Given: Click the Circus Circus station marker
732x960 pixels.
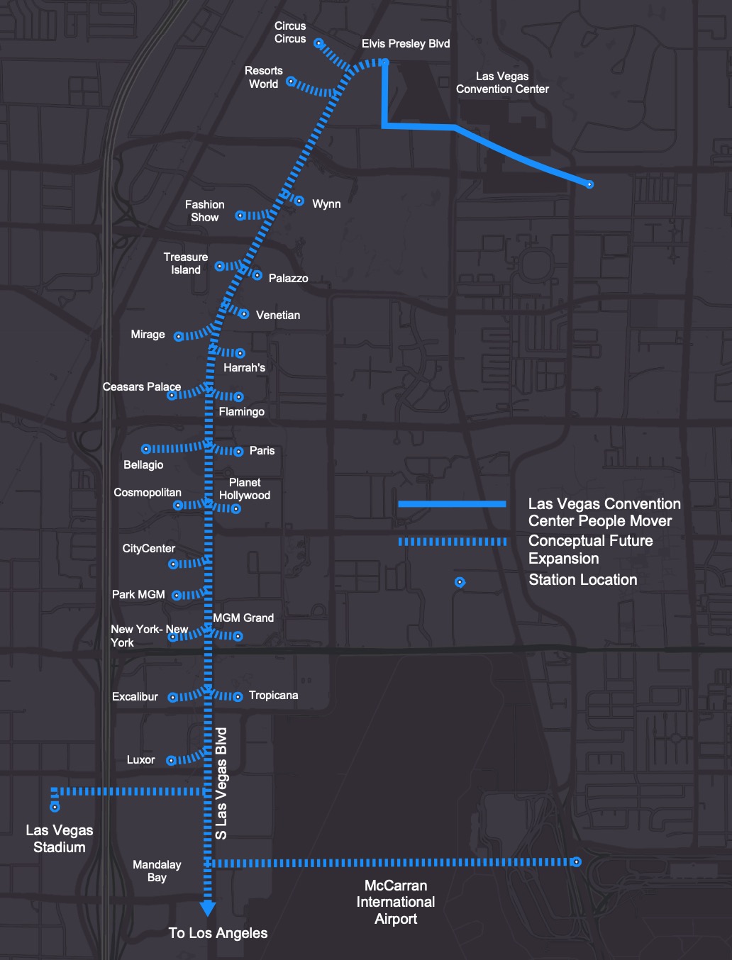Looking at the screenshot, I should coord(318,43).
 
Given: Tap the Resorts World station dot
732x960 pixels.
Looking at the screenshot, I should coord(290,82).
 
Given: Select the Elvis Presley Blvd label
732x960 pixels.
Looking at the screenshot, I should coord(406,44).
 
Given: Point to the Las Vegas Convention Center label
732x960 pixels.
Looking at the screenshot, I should coord(502,83).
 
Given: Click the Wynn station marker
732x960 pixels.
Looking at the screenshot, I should coord(299,201).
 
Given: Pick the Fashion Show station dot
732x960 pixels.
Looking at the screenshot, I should coord(240,216).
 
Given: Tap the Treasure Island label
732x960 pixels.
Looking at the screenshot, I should coord(186,264).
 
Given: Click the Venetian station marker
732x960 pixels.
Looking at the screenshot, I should coord(244,314).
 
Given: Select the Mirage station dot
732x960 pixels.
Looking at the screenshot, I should coord(179,337).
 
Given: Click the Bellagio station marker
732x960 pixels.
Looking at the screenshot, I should coord(145,449).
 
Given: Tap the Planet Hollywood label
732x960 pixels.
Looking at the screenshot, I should coord(245,489).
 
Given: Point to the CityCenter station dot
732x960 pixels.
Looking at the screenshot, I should coord(172,564).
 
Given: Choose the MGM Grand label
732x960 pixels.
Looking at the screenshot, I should coord(243,618).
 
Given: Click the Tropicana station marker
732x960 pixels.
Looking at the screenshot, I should coord(238,697).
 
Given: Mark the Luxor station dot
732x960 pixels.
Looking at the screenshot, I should coord(171,761).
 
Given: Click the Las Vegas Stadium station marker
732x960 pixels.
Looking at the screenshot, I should coord(55,807).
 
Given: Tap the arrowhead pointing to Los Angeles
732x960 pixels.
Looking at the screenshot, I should coord(208,908).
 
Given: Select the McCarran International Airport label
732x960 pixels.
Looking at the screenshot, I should coord(396,903).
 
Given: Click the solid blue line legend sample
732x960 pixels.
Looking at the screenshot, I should coord(452,504).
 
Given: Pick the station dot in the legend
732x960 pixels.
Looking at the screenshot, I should coord(460,582).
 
